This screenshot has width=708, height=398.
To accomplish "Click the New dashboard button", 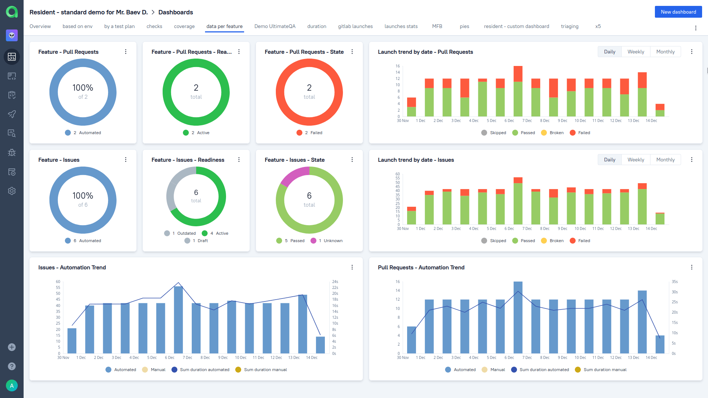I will [678, 12].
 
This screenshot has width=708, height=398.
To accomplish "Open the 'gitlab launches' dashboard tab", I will [355, 26].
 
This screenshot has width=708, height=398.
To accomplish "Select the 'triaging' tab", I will [569, 26].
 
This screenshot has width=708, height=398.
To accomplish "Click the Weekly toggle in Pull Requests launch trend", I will [636, 52].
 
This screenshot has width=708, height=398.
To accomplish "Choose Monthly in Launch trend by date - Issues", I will [665, 160].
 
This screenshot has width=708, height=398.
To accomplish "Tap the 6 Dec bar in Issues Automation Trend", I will [178, 320].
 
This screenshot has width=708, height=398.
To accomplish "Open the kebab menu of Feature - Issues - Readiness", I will [239, 160].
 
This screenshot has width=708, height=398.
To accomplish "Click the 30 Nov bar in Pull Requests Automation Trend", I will [412, 340].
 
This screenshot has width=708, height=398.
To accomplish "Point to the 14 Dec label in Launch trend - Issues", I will [651, 229].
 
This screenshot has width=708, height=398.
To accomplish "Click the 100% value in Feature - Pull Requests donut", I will [83, 88].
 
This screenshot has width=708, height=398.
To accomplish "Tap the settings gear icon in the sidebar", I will [12, 191].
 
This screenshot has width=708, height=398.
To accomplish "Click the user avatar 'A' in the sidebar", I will [12, 385].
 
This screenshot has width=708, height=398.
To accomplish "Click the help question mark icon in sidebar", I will [12, 366].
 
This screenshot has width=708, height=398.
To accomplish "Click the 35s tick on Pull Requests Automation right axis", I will [674, 282].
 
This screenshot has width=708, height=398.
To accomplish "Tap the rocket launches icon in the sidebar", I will [12, 114].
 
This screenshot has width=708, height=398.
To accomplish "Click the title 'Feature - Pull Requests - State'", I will [304, 52].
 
